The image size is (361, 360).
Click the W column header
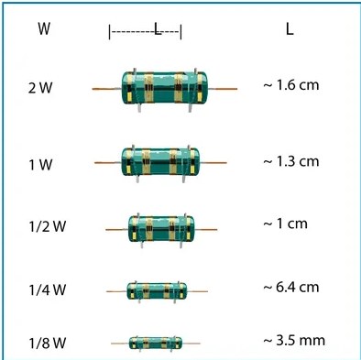[44, 28]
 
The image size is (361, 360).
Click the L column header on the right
[290, 29]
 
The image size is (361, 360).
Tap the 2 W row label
[40, 88]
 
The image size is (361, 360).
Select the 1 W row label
[40, 165]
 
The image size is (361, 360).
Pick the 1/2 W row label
[48, 227]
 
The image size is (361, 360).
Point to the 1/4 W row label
[48, 289]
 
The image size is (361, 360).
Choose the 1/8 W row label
[48, 344]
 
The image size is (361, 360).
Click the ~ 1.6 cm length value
[291, 85]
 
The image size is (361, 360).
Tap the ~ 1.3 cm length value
[291, 161]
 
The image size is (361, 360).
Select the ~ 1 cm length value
[285, 224]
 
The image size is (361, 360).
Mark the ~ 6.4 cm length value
[291, 288]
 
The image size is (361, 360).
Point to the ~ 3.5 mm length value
[294, 341]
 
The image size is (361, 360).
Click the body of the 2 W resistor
[164, 88]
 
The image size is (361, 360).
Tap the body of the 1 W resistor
[160, 162]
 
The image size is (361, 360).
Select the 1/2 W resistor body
[160, 229]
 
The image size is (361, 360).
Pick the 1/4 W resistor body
[157, 290]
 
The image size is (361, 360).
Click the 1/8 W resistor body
[156, 343]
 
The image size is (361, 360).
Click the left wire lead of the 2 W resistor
[107, 89]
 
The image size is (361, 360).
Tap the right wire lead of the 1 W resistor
[213, 162]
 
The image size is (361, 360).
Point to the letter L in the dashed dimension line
[158, 30]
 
